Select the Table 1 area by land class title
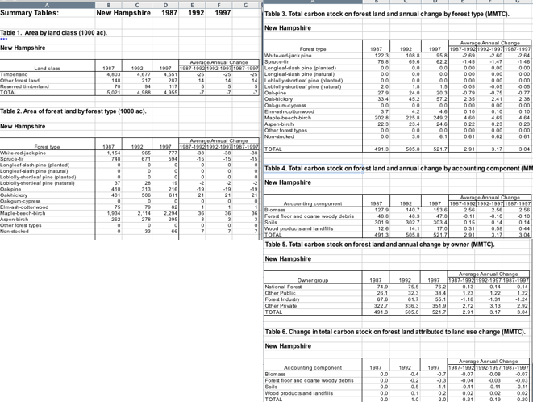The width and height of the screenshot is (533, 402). click(54, 32)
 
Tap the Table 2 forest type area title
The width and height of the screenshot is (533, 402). click(73, 110)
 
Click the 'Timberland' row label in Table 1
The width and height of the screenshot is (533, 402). click(15, 73)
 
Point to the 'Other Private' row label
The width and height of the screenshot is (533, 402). click(282, 305)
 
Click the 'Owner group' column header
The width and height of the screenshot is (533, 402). click(313, 280)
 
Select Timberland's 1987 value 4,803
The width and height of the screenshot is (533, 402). click(115, 73)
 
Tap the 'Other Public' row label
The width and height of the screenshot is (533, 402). click(281, 292)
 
